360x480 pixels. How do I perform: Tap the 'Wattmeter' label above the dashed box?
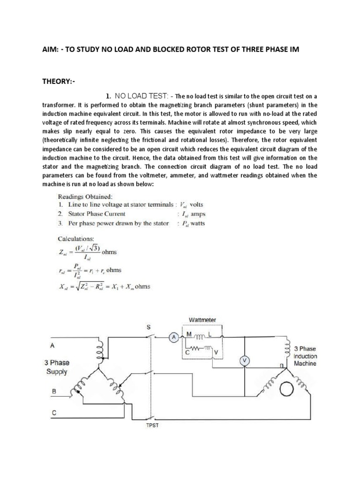click(x=202, y=320)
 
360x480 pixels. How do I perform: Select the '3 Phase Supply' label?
click(x=56, y=367)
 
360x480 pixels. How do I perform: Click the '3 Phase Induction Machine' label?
click(x=305, y=356)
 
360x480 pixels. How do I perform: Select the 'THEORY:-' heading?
click(x=59, y=82)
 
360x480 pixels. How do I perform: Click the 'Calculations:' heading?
click(x=76, y=238)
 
